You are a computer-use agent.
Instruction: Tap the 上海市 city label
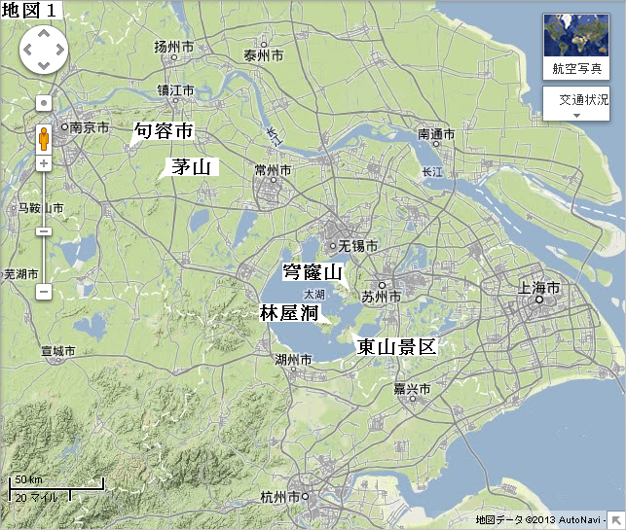(539, 289)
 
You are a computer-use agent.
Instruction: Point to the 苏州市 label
(381, 296)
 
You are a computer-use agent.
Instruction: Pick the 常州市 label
(273, 170)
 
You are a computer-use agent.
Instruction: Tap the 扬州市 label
(174, 47)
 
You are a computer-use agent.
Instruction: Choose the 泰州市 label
(264, 56)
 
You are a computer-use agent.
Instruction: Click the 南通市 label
(436, 133)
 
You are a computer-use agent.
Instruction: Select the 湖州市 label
(293, 360)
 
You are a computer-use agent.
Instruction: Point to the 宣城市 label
(57, 350)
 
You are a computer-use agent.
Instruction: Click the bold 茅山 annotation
(191, 166)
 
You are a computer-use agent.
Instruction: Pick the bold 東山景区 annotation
(396, 345)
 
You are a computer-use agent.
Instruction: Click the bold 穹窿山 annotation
(313, 272)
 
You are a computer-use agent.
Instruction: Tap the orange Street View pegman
(44, 139)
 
